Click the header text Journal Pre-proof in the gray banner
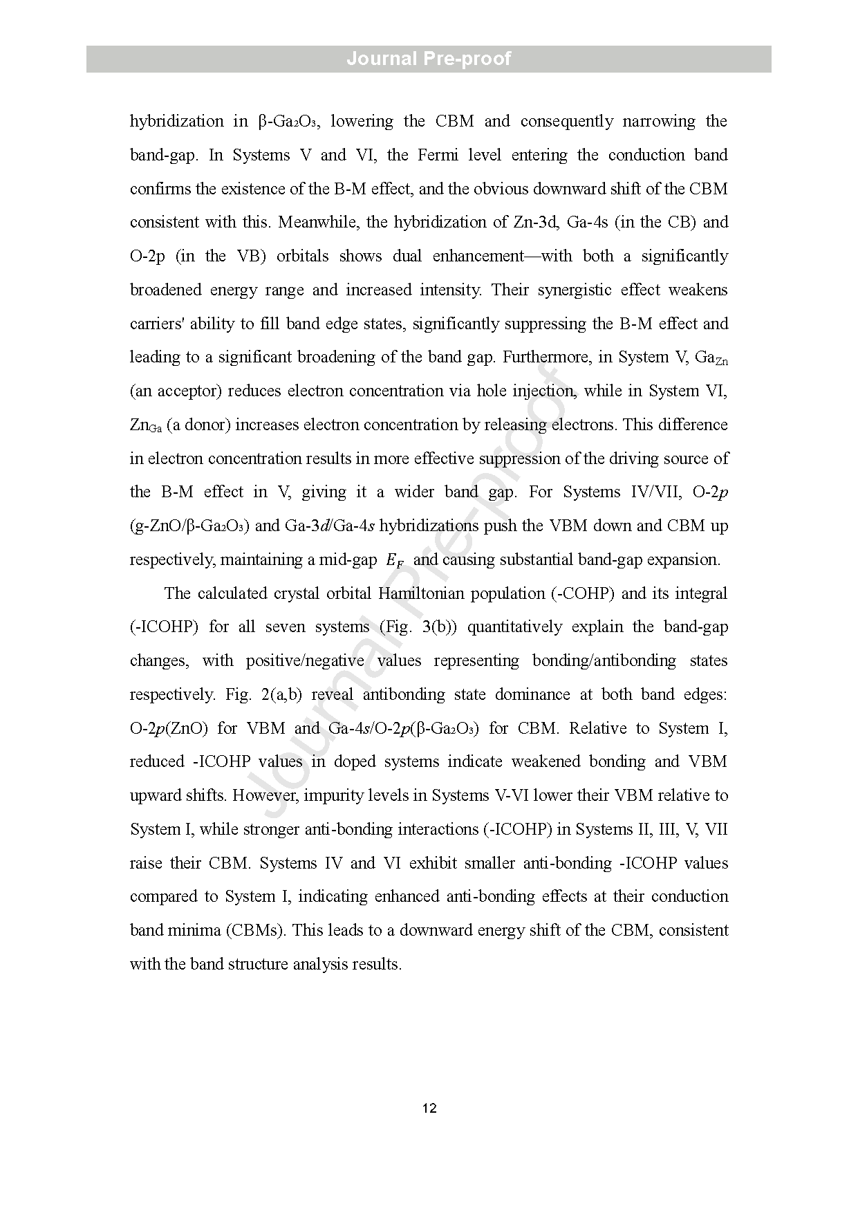click(x=429, y=59)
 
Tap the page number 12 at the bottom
click(x=429, y=1109)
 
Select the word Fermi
click(x=438, y=155)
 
